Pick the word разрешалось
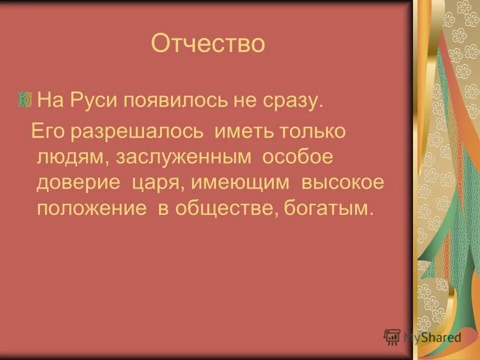click(x=136, y=132)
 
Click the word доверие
click(x=78, y=182)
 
